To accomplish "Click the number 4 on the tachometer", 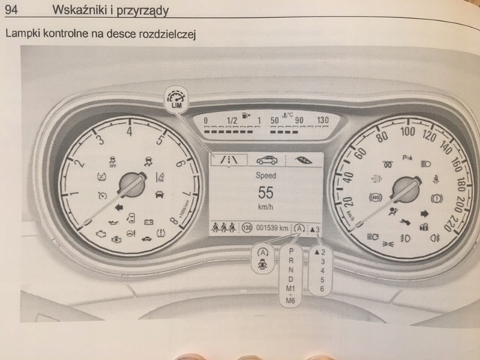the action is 129,133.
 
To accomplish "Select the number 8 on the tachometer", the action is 173,221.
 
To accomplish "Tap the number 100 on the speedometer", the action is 407,131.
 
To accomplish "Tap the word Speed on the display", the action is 265,172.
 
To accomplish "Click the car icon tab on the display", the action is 266,160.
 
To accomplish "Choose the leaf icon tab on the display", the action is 303,160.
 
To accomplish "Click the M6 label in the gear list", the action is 291,300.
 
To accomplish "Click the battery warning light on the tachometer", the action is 150,223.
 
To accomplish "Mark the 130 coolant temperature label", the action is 323,120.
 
